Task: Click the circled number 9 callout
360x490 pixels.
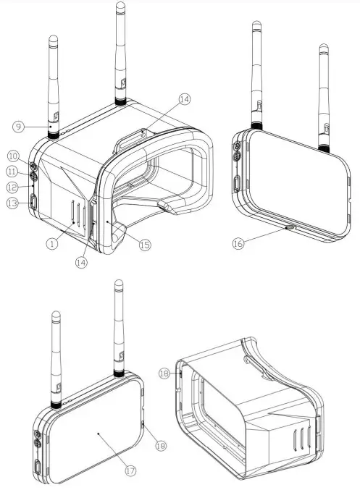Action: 18,127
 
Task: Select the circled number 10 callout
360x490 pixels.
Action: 13,156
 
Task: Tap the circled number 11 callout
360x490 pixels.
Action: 13,172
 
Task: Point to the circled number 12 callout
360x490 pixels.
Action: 13,187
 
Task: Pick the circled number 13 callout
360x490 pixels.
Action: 12,204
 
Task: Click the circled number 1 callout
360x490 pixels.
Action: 51,244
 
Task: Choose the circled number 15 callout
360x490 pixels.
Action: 144,245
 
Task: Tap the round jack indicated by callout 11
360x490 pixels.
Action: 34,174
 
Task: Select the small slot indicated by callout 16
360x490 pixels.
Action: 290,227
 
